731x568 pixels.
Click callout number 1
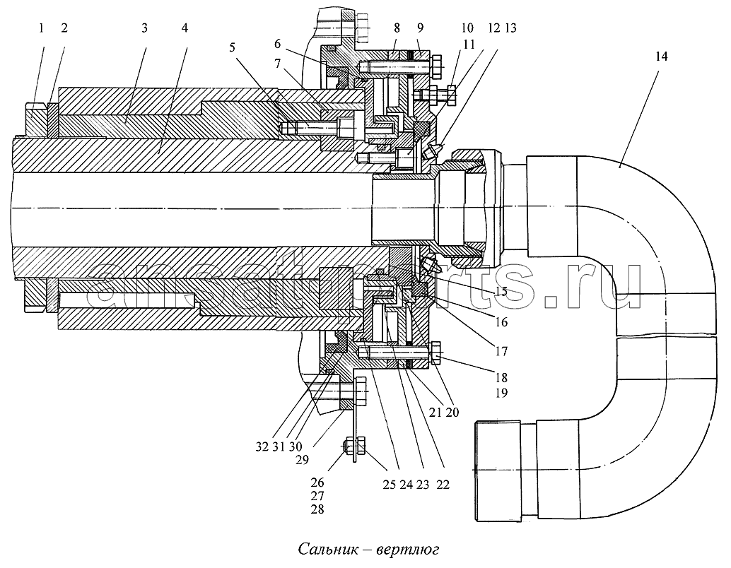pos(41,28)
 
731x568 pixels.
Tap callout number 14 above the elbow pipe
pos(661,57)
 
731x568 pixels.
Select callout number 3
pos(144,28)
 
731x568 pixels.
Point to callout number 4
pos(185,28)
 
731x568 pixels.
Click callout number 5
pos(233,47)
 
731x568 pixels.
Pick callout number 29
pos(278,44)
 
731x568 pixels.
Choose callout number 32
pos(278,63)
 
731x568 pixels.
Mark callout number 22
pos(443,485)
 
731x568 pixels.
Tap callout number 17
pos(501,350)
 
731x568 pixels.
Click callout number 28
pos(317,509)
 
